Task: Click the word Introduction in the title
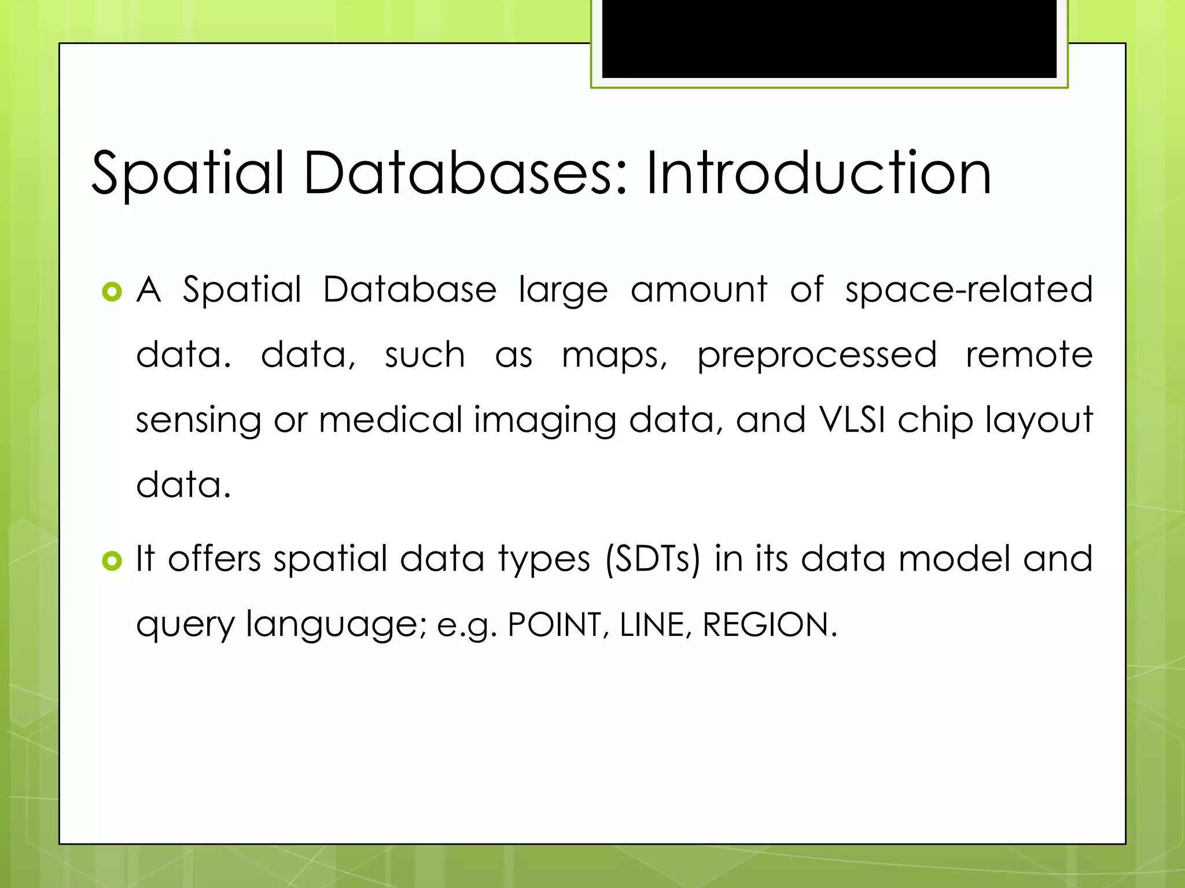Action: [818, 173]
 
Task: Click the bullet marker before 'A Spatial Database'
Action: [112, 291]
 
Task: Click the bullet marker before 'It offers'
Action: [112, 560]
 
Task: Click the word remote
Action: [1029, 354]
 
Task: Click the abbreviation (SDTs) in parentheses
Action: [652, 560]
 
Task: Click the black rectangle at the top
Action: [829, 38]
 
